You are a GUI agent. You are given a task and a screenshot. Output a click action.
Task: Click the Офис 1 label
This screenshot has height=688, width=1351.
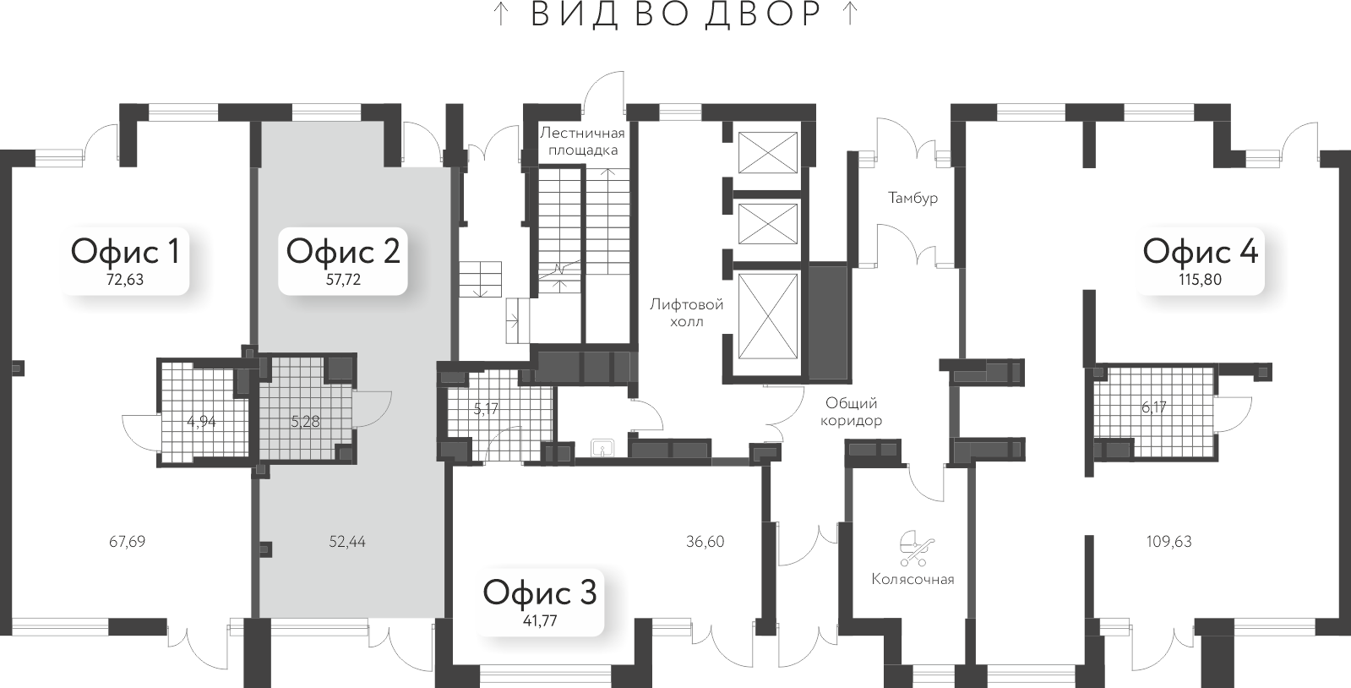pos(125,251)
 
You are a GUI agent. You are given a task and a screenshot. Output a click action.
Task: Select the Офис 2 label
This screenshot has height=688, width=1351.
pos(342,251)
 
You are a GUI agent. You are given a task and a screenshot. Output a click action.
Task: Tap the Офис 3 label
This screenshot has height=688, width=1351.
pos(539,592)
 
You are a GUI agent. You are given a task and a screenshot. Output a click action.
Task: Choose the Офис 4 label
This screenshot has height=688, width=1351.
pos(1200,251)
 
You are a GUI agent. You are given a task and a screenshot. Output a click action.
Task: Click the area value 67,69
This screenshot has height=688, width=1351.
pos(128,541)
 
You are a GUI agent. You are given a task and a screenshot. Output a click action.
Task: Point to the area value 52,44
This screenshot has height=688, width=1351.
pos(347,541)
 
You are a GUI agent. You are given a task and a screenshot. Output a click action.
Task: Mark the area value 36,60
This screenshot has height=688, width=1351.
pos(705,541)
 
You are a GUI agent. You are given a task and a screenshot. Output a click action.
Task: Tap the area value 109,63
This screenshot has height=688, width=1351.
pos(1169,541)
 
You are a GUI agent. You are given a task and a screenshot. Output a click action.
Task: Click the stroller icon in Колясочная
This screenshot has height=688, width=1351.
pos(914,548)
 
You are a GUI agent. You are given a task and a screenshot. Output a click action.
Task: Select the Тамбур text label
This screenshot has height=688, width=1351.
pos(912,198)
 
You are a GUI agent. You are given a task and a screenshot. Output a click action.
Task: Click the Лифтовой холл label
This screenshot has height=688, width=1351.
pos(686,313)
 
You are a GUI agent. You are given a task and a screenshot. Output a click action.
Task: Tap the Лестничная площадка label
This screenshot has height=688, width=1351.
pos(582,141)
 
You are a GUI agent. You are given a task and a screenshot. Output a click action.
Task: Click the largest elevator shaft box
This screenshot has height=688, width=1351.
pos(767,325)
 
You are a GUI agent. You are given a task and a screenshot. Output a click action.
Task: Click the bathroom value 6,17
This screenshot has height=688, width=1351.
pos(1154,407)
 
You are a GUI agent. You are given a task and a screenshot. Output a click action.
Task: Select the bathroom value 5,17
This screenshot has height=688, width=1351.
pos(487,409)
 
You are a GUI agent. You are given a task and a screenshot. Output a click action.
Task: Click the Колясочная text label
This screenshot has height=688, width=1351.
pos(912,579)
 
